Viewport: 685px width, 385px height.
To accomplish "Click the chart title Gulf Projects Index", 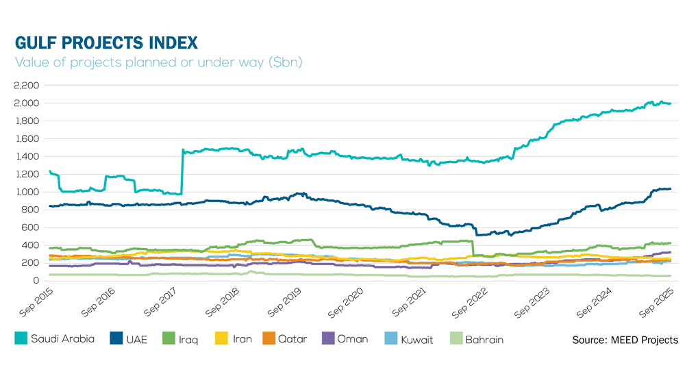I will tap(106, 43).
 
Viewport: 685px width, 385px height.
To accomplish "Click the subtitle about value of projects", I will tap(158, 62).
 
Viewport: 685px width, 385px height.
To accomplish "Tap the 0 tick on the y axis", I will tap(36, 281).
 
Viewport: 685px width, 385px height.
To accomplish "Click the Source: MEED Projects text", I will tap(625, 340).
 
